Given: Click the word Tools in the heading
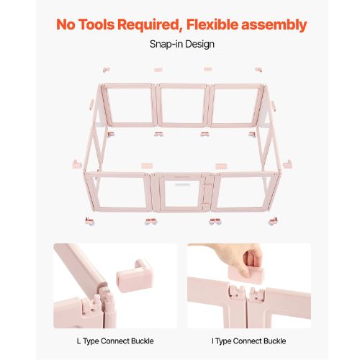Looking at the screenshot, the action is pos(96,24).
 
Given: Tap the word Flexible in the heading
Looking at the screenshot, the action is pos(212,24).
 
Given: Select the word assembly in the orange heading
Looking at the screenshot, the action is pos(274,25).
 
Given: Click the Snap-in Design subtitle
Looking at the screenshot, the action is pos(182,44).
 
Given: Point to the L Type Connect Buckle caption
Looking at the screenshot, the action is pos(115,341).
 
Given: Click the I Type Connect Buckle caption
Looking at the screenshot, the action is pos(249,341).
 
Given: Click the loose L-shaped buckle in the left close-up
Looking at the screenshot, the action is pos(135,276).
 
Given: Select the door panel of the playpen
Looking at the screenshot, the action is pos(182,192).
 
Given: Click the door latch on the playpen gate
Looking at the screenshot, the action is pos(206,193).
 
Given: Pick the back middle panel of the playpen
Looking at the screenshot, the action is pos(182,105).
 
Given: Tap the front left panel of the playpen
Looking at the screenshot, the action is pos(117,192).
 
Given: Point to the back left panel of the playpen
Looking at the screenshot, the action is pos(129,105).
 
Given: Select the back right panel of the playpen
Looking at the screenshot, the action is pos(235,105).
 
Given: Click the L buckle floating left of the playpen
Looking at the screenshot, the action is pos(77,164).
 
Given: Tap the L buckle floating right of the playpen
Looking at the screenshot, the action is pos(287,164).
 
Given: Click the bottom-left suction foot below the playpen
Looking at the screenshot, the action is pos(89,221).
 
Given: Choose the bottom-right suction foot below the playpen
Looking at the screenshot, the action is pos(273,221).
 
